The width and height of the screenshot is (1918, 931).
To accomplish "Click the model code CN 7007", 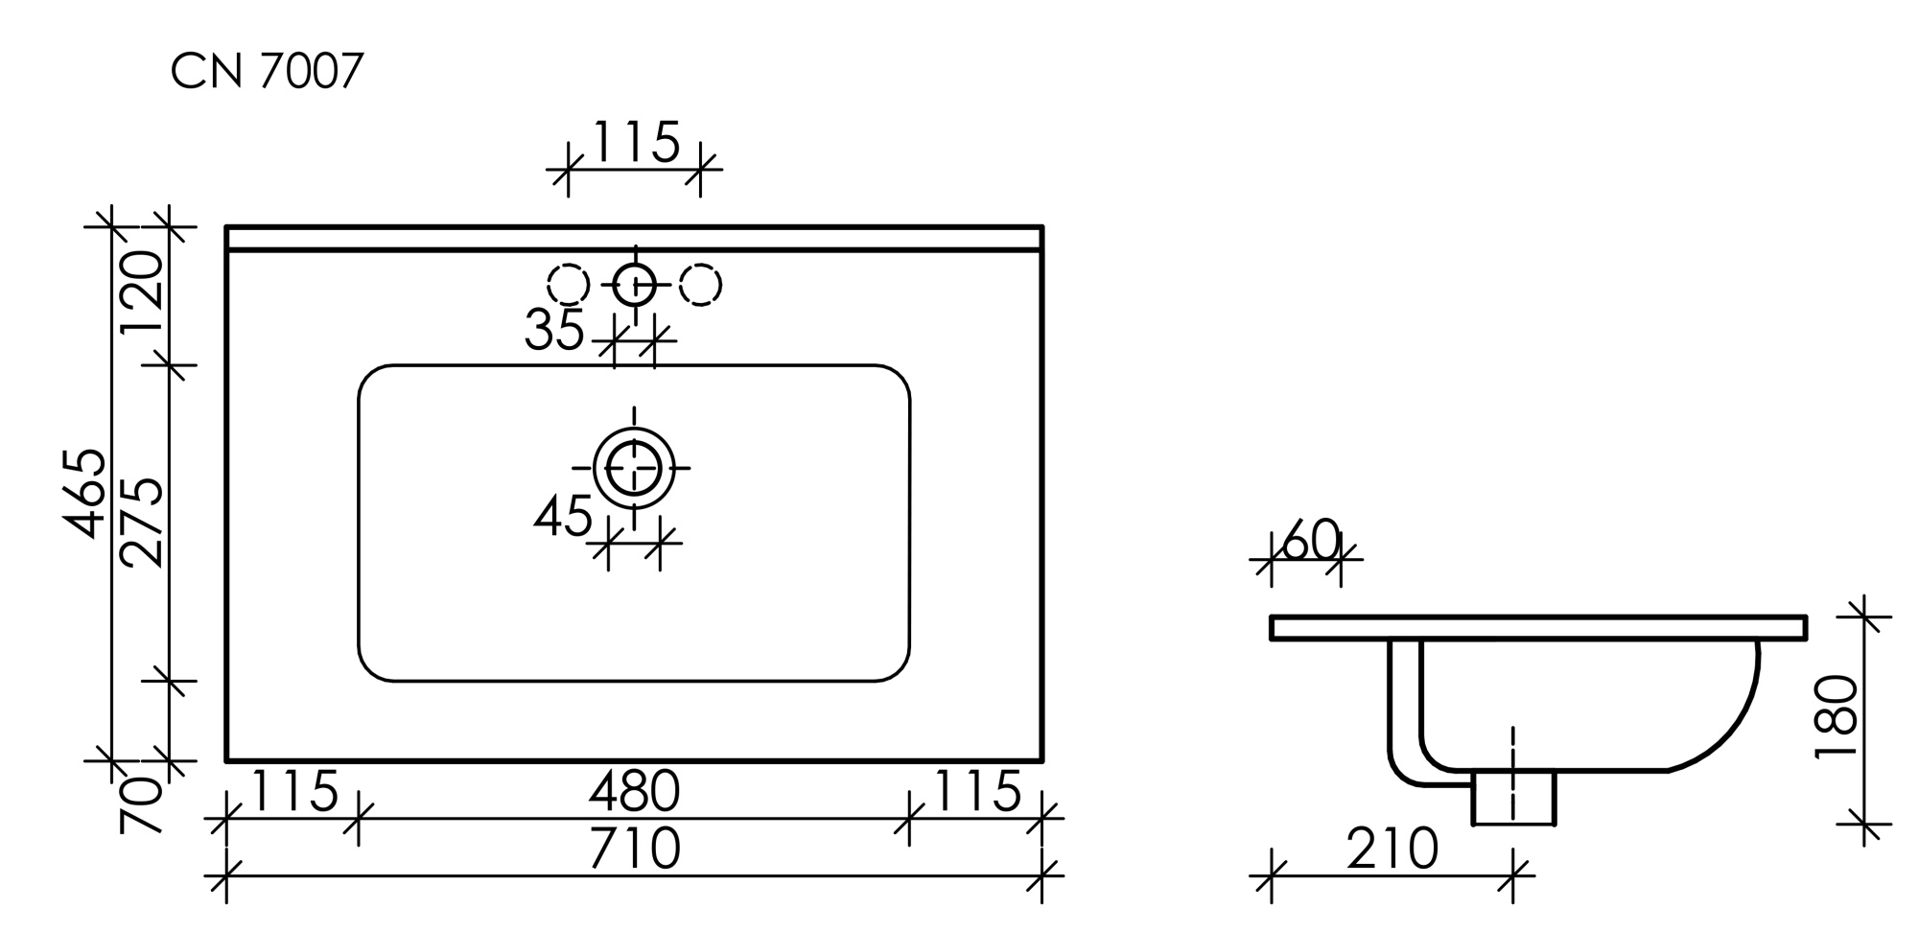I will tap(267, 71).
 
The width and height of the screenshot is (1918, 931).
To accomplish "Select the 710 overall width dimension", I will tap(634, 849).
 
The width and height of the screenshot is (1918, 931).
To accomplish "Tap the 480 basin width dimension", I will tap(634, 792).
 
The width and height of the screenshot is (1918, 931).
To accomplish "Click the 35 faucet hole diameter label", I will tap(553, 331).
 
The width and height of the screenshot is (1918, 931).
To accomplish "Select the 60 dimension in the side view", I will tap(1309, 542).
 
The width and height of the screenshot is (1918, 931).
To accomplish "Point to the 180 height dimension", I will tap(1836, 717).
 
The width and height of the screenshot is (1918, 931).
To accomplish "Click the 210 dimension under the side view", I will tap(1392, 849).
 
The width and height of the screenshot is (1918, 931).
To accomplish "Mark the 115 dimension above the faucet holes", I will tap(636, 143).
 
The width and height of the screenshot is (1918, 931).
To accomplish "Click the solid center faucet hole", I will tap(634, 285).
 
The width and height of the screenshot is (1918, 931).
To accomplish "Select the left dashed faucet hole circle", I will tap(568, 285).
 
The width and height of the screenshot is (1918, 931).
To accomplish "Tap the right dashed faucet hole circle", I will tap(700, 285).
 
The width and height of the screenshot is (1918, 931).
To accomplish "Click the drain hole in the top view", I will tap(634, 468).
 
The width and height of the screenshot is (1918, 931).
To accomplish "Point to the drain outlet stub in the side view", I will tap(1513, 798).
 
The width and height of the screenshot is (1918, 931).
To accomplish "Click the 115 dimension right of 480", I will tap(976, 792).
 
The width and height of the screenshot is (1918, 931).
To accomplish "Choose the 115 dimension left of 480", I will tap(293, 792).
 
